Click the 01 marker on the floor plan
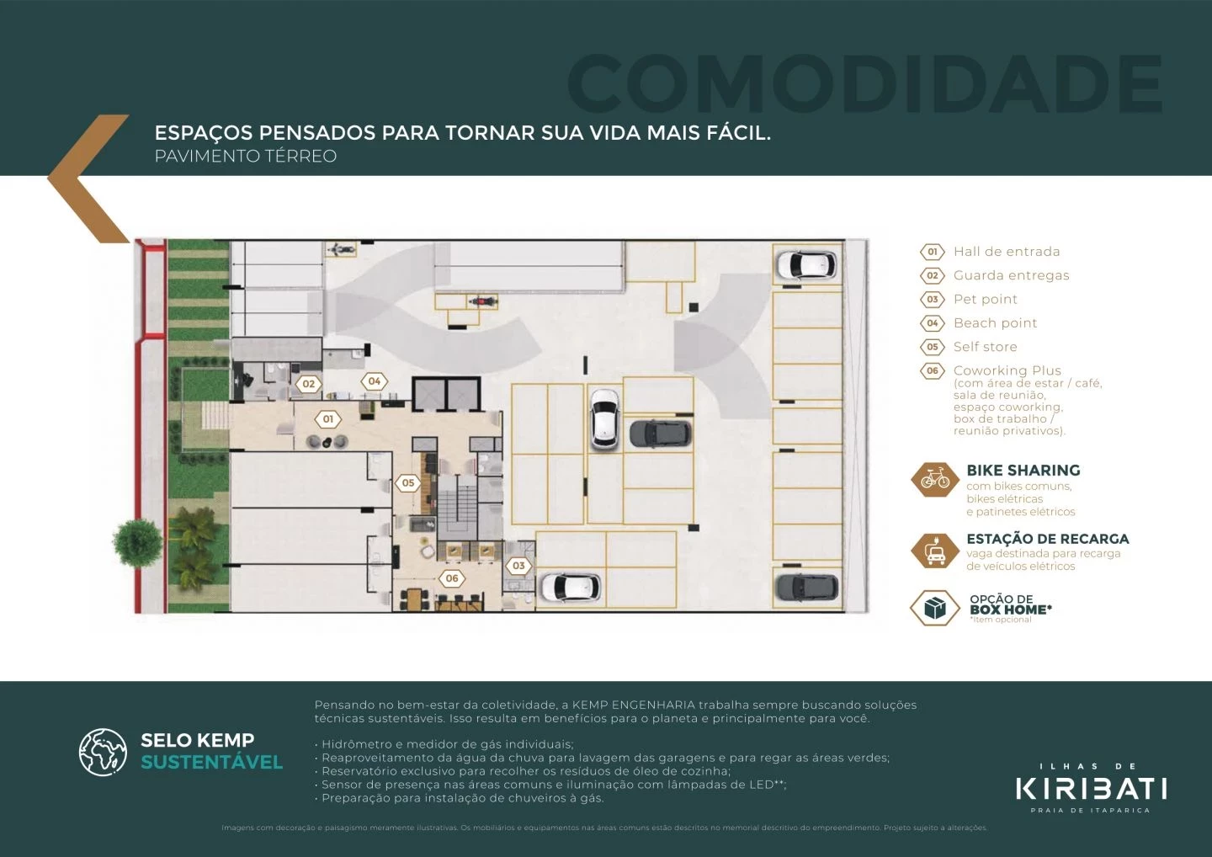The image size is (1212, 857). tap(328, 418)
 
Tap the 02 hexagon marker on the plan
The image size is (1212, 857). tap(309, 384)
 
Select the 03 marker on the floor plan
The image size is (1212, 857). tap(518, 566)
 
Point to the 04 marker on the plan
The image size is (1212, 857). tap(375, 381)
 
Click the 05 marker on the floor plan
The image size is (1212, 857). tap(408, 483)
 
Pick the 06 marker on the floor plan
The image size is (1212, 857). tap(452, 578)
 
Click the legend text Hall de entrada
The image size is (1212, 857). tap(1006, 252)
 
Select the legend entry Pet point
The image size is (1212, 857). tap(985, 299)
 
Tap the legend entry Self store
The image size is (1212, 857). tap(985, 347)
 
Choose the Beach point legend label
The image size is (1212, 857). tap(995, 323)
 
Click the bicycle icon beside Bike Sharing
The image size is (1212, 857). tap(934, 479)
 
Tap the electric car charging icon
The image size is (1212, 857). tap(934, 551)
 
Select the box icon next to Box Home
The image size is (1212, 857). tap(934, 608)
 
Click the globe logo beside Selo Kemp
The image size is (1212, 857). tap(103, 752)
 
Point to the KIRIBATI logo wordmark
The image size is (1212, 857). tap(1091, 789)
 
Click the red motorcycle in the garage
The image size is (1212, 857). tap(481, 301)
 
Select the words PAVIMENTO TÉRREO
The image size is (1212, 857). tap(245, 157)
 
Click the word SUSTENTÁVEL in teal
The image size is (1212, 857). tap(211, 763)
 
